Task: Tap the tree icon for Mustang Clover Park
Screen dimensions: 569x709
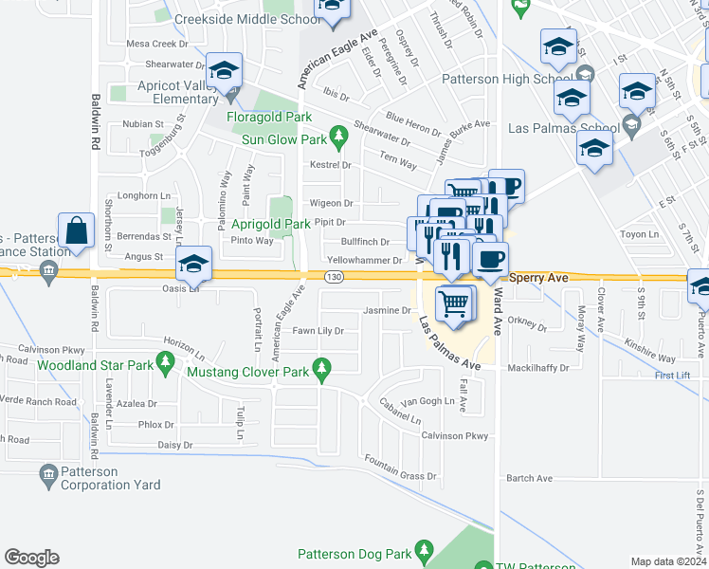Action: pos(322,367)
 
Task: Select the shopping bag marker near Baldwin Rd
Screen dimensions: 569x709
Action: pos(76,231)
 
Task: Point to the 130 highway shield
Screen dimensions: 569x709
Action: pos(333,277)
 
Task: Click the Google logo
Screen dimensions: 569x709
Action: pos(31,558)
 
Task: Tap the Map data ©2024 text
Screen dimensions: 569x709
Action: pos(668,561)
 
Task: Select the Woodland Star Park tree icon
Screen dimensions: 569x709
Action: pos(166,361)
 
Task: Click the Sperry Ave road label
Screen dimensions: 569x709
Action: pos(537,278)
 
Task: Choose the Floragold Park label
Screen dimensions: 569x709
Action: pos(269,118)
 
